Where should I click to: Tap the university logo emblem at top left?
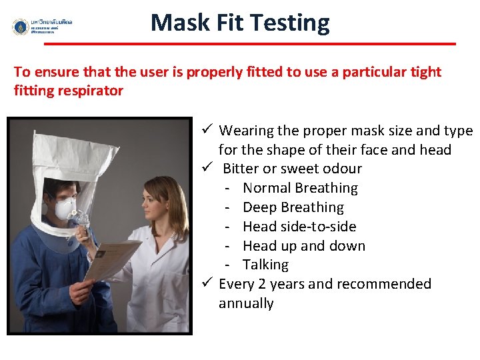coord(21,27)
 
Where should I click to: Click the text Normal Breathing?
coord(300,188)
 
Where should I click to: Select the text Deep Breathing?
coord(293,207)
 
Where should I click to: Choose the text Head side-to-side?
coord(299,227)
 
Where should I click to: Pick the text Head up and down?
coord(303,246)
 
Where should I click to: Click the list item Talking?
coord(265,265)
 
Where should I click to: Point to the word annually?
coord(246,303)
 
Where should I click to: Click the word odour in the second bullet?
coord(341,169)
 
